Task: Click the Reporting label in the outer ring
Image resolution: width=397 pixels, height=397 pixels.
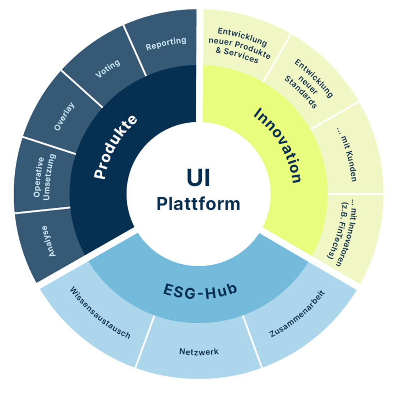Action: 166,43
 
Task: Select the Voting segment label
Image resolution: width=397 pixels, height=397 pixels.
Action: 108,68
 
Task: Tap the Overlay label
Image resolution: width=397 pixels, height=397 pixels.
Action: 64,116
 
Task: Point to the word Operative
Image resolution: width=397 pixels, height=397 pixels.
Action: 39,177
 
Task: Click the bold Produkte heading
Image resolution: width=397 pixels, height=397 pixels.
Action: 115,147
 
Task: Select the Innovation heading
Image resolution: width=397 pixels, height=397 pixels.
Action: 278,145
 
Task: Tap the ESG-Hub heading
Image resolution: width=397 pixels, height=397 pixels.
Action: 200,291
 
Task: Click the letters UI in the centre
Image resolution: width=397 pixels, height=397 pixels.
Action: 198,177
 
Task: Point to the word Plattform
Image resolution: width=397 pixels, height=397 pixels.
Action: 198,204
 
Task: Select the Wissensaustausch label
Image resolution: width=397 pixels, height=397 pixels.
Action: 100,313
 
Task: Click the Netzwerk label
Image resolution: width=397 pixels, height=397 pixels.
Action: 199,352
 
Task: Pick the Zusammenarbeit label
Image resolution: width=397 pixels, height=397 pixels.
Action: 297,314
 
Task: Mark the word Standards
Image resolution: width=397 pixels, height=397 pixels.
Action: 301,92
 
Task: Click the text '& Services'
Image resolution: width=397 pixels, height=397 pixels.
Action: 237,55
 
